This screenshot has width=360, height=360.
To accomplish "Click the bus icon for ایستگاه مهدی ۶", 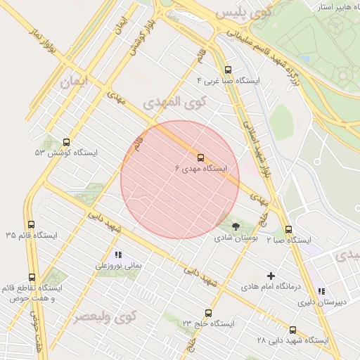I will [200, 157].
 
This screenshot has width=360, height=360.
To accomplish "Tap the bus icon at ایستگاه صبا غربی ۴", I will [227, 70].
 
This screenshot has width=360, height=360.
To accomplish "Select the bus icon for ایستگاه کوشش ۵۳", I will [67, 142].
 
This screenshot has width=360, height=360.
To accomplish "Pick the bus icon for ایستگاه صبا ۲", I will [288, 229].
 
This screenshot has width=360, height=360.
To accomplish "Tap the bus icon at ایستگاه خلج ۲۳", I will [208, 313].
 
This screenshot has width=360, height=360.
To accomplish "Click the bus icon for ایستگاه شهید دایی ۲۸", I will [293, 330].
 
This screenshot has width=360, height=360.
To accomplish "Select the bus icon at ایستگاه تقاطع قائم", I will [31, 278].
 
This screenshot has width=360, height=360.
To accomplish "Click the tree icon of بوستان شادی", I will [236, 226].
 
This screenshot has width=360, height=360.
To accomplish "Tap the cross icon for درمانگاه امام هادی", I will [271, 276].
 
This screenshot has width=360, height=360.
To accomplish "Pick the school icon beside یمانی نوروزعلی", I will [117, 255].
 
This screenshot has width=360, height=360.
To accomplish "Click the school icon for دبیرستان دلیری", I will [321, 291].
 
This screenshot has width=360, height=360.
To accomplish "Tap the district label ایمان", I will [77, 82].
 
